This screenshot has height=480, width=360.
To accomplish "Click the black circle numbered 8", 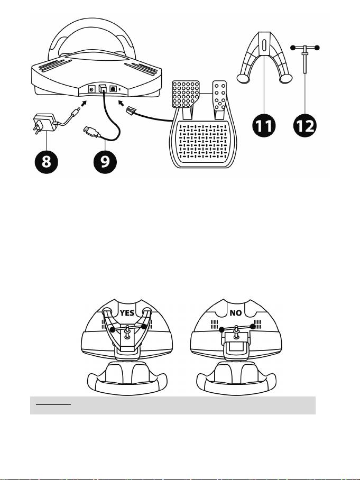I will [x=47, y=162].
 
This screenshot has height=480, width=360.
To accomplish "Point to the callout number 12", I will [x=307, y=126].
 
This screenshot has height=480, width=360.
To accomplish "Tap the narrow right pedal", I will [x=221, y=95].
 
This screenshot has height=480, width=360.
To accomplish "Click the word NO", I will [x=236, y=312].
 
